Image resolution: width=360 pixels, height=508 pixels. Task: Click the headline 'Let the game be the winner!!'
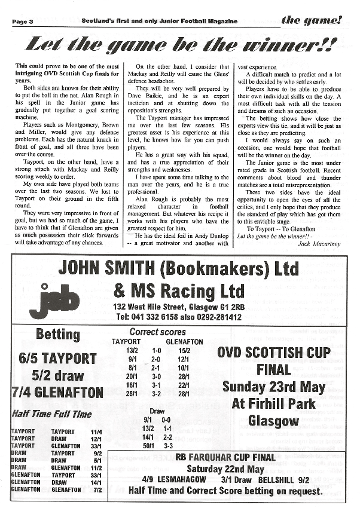coord(179,45)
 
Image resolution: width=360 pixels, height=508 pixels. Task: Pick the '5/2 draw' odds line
coord(57,377)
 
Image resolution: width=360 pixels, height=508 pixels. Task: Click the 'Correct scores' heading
coord(157,332)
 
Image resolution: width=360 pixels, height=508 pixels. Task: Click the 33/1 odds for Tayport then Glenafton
coord(95,445)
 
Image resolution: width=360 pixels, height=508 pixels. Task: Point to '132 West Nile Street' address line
coord(179,307)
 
